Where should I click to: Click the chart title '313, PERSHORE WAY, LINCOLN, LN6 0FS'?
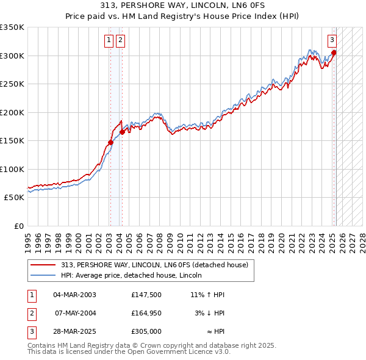(183, 7)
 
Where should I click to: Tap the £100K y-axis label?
(12, 169)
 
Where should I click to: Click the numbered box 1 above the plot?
(109, 41)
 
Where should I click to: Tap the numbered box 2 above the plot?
(120, 41)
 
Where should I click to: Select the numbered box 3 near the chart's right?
(332, 41)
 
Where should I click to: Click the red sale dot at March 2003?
(110, 142)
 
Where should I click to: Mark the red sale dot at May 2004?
(123, 132)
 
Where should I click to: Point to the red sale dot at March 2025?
(334, 52)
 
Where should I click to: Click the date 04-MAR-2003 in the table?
(75, 295)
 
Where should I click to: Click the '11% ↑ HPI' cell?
(207, 295)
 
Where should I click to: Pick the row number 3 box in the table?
(30, 333)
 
